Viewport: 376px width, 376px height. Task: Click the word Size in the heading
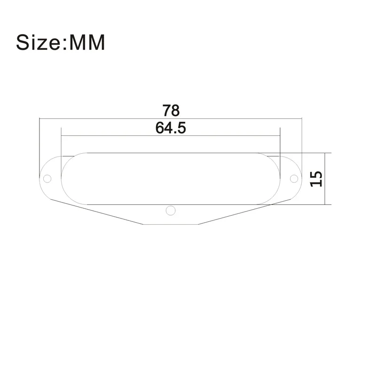coord(39,42)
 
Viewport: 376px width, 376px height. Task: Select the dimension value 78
coord(171,111)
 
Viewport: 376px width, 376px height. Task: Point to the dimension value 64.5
coord(171,128)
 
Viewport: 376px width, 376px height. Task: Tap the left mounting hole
coord(47,179)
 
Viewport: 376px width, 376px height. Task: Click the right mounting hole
coord(294,179)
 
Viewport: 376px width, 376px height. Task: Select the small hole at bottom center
coord(170,210)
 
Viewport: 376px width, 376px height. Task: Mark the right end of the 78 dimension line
coord(301,118)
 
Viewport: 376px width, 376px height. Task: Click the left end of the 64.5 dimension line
coord(61,136)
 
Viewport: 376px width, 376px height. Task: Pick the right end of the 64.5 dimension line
coord(280,136)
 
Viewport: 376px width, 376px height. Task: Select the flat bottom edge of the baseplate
coord(170,224)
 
